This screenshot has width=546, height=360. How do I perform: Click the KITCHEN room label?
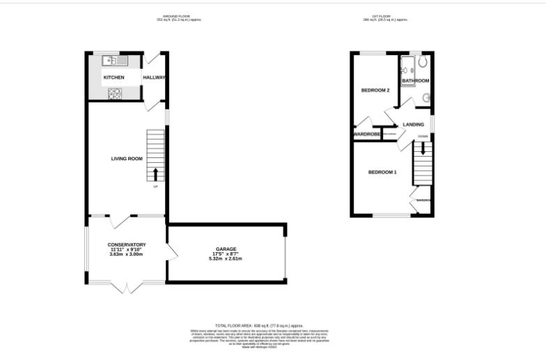click(x=114, y=77)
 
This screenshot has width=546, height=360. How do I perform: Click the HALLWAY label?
click(x=154, y=77)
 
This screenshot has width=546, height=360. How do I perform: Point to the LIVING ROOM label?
click(x=127, y=159)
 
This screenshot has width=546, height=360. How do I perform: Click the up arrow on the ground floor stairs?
click(x=155, y=173)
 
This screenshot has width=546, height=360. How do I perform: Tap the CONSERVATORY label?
click(x=126, y=244)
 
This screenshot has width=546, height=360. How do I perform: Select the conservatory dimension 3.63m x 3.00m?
click(x=126, y=254)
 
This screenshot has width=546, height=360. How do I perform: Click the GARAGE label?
click(x=226, y=249)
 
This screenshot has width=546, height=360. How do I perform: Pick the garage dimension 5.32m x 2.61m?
click(x=226, y=258)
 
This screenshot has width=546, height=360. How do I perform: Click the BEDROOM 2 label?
click(x=375, y=91)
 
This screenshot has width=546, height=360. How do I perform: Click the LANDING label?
click(x=413, y=125)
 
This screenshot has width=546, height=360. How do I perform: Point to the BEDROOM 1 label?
click(x=382, y=172)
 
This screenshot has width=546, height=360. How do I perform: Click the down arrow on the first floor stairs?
click(x=422, y=148)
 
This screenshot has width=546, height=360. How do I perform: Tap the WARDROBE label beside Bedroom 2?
click(x=366, y=134)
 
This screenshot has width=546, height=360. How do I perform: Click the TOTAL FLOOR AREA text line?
click(x=258, y=325)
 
